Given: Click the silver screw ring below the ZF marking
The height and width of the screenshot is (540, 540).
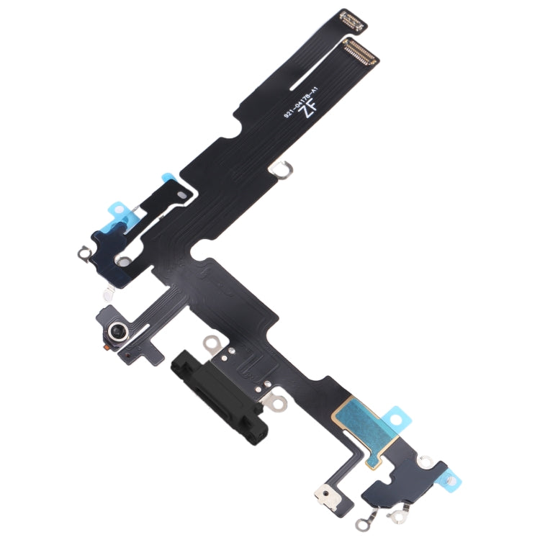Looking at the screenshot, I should (281, 171).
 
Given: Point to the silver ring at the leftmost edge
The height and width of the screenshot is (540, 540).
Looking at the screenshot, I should (81, 253).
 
